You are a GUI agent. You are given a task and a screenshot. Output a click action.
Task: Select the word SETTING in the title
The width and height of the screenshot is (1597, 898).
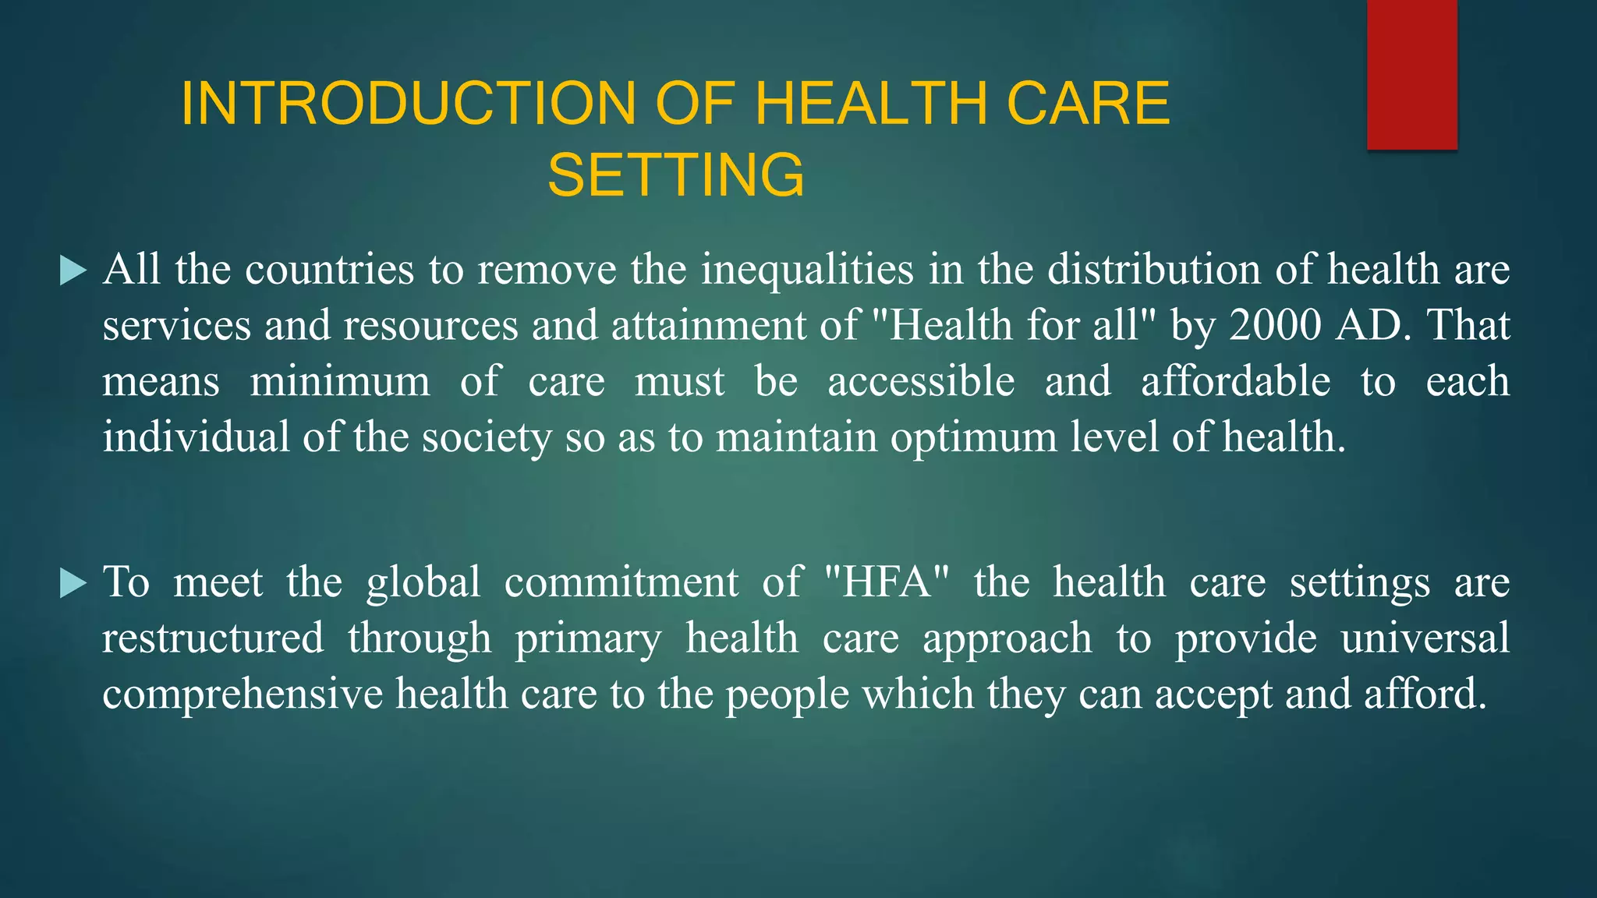click(x=675, y=175)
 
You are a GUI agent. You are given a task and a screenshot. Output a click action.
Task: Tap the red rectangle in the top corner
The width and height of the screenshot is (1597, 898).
click(x=1411, y=74)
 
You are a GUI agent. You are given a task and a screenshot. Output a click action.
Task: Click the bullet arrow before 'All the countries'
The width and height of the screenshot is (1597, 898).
click(x=73, y=271)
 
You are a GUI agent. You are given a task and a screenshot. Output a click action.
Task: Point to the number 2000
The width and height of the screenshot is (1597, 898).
click(x=1274, y=325)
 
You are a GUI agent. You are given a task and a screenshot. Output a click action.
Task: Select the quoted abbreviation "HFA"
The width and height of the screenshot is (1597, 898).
click(x=887, y=582)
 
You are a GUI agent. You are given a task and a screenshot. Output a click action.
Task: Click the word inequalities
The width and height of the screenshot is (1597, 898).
click(x=807, y=270)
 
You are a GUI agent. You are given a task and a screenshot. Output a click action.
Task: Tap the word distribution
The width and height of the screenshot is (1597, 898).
click(x=1153, y=270)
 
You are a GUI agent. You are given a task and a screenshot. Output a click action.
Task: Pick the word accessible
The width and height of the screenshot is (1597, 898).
click(x=921, y=381)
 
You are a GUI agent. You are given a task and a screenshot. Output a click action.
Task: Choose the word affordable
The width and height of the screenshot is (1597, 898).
click(x=1236, y=381)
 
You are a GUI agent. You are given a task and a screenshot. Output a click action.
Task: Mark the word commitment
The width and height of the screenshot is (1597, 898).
click(x=621, y=582)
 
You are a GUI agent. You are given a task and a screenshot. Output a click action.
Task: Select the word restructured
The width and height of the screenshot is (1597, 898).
click(x=213, y=638)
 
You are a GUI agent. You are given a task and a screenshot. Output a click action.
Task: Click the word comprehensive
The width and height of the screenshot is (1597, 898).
click(x=243, y=695)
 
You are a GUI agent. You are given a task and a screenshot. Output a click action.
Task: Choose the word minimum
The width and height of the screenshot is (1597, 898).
click(x=340, y=381)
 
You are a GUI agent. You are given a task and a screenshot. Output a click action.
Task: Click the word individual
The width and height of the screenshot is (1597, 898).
click(x=196, y=437)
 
